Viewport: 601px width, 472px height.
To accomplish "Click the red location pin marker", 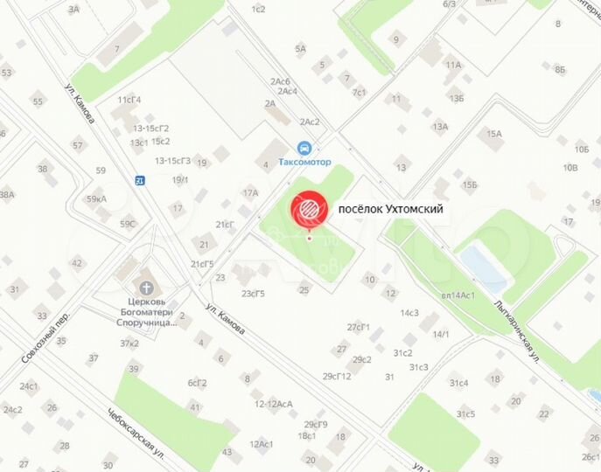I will click(x=309, y=212).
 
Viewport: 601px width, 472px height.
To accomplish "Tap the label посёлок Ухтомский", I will click(x=391, y=209).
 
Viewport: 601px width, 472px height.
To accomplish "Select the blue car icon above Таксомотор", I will click(x=304, y=148).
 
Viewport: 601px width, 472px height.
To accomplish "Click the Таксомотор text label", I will click(x=304, y=163).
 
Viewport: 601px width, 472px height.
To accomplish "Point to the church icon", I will click(x=147, y=287).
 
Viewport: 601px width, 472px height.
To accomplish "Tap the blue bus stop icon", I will click(x=140, y=180).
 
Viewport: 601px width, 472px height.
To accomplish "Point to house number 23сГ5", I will click(x=254, y=293).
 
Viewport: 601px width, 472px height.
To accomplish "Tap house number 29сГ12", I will click(x=337, y=376).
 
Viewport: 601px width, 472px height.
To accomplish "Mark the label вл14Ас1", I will click(x=458, y=295).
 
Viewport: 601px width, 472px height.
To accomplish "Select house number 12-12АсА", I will click(x=273, y=404).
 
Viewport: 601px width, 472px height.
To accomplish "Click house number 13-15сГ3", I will click(x=173, y=161).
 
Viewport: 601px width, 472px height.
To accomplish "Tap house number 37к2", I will click(x=129, y=343).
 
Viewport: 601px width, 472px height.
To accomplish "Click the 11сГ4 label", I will click(x=129, y=100).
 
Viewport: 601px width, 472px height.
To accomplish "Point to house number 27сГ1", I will click(x=359, y=327).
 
